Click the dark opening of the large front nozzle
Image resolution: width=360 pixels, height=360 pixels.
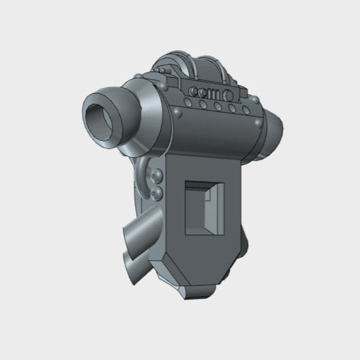point(101,116)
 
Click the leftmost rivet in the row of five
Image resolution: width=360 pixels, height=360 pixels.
point(185,104)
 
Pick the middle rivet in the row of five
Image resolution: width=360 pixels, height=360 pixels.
point(216,106)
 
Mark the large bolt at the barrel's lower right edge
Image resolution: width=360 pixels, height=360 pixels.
point(258,123)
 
